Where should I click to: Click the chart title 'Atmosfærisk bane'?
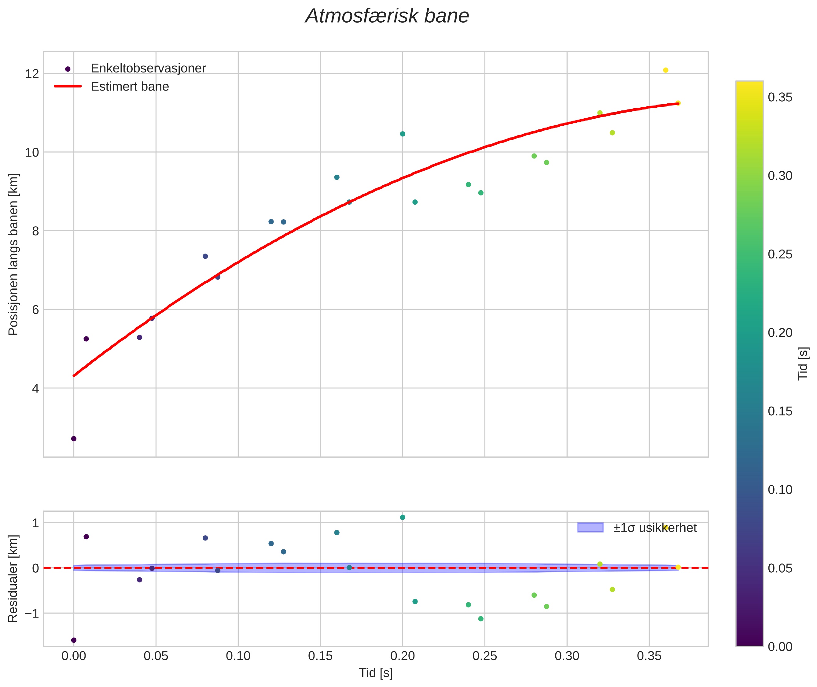[x=387, y=16]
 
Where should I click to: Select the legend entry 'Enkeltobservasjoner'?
[x=148, y=69]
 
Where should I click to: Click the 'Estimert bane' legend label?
[x=130, y=87]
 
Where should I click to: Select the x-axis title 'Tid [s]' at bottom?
[x=376, y=673]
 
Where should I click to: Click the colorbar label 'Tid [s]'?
[x=803, y=363]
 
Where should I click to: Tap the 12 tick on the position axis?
[x=32, y=74]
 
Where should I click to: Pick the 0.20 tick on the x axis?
[x=403, y=656]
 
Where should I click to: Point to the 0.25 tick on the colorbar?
[x=780, y=254]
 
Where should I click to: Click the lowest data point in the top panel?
[x=74, y=439]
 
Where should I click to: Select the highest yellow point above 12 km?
[x=666, y=70]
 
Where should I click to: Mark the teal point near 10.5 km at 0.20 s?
[x=403, y=134]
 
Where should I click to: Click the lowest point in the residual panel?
[x=74, y=640]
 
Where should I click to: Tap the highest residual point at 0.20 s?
[x=403, y=517]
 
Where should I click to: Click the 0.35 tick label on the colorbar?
[x=780, y=97]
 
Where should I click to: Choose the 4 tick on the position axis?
[x=35, y=388]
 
